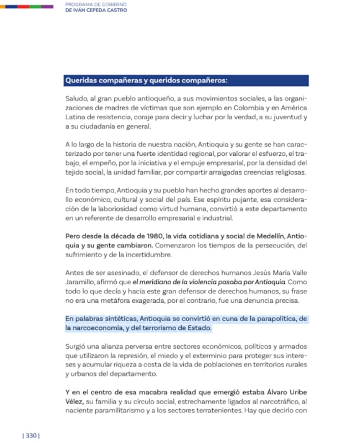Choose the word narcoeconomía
click(x=103, y=328)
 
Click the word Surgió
click(x=77, y=347)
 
